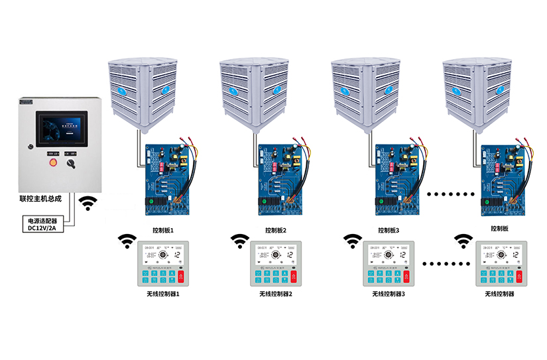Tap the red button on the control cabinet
54,162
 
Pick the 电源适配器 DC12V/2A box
42,223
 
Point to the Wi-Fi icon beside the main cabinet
88,202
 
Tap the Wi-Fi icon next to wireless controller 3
352,241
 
